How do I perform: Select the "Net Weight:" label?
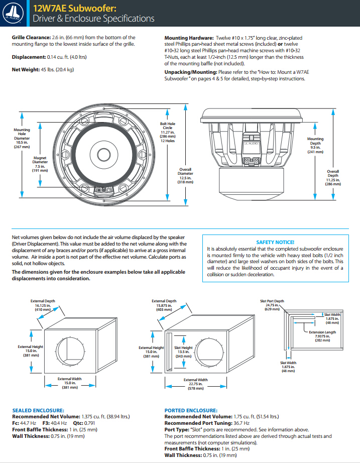pos(26,69)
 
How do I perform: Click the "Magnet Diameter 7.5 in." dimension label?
pos(40,164)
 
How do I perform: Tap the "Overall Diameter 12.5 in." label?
pos(185,176)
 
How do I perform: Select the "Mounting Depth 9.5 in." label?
pos(315,145)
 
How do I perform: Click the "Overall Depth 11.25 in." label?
pos(333,178)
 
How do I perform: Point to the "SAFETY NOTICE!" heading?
pos(275,242)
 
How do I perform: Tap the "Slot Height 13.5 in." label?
pos(183,352)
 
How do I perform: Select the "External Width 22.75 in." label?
pos(195,384)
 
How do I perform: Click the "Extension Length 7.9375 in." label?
pos(323,336)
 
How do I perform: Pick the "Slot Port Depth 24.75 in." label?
pos(272,305)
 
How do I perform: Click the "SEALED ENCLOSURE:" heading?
pos(38,410)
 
